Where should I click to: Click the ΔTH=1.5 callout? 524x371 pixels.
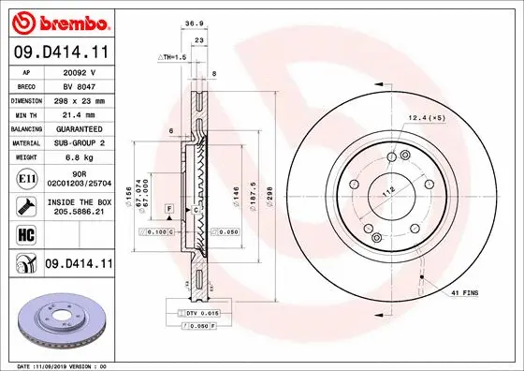173,58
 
